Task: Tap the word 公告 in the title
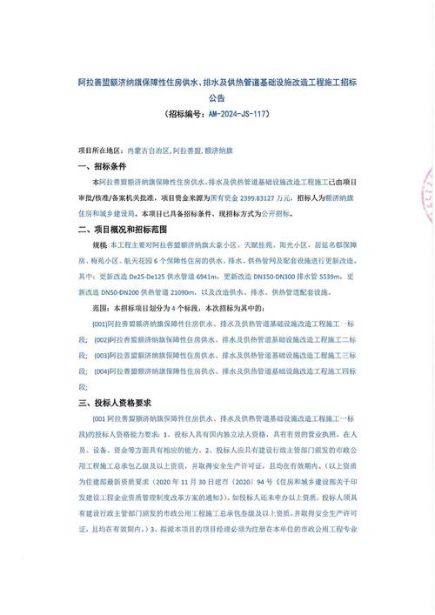point(217,97)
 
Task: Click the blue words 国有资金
point(219,197)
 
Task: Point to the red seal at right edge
point(427,191)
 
